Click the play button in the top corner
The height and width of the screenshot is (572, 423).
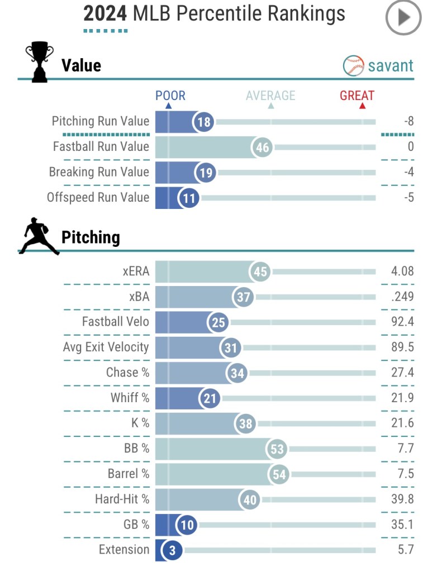pyautogui.click(x=403, y=17)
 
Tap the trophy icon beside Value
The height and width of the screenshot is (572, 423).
pyautogui.click(x=39, y=63)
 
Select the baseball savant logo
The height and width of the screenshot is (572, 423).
pyautogui.click(x=378, y=65)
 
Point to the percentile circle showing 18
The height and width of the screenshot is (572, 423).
pyautogui.click(x=205, y=122)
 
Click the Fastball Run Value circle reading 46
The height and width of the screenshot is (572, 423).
pyautogui.click(x=262, y=147)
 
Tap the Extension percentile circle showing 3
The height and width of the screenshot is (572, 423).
pyautogui.click(x=172, y=550)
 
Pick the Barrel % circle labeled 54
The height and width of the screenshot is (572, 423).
pyautogui.click(x=279, y=474)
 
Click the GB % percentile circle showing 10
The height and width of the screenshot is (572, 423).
pyautogui.click(x=187, y=525)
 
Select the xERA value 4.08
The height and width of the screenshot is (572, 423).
pyautogui.click(x=402, y=271)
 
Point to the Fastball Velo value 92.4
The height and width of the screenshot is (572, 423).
pyautogui.click(x=402, y=322)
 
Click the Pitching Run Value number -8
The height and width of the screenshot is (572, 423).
pyautogui.click(x=408, y=121)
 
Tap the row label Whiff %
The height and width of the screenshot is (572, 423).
pyautogui.click(x=130, y=398)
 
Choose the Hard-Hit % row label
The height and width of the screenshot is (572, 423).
pyautogui.click(x=122, y=499)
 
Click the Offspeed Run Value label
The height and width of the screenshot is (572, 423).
pyautogui.click(x=98, y=197)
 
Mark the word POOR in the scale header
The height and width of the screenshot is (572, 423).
pyautogui.click(x=170, y=96)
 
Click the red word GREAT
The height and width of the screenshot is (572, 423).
pyautogui.click(x=357, y=96)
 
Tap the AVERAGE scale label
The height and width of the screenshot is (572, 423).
pyautogui.click(x=270, y=96)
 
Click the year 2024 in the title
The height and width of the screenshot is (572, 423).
pyautogui.click(x=106, y=13)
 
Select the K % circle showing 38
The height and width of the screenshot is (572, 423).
pyautogui.click(x=246, y=423)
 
